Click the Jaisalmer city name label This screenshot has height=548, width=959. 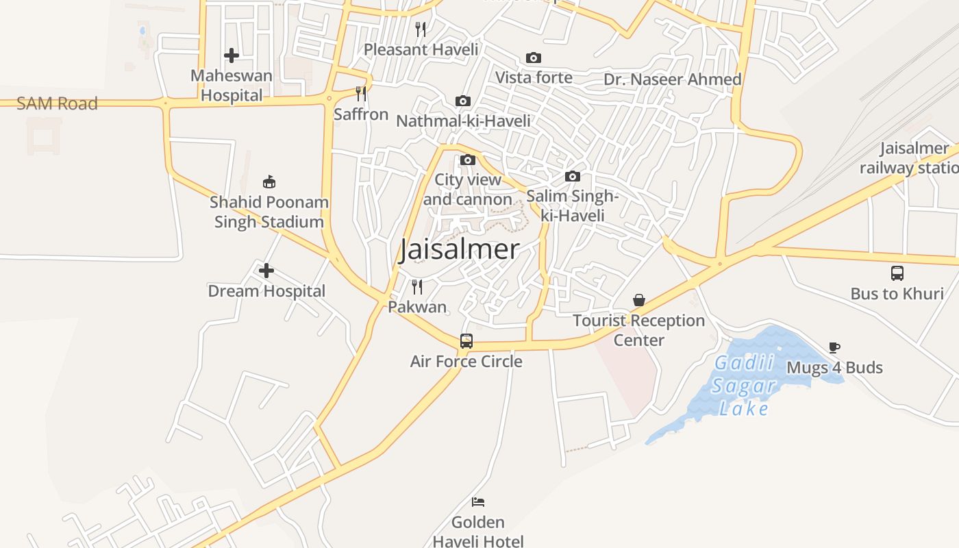459,249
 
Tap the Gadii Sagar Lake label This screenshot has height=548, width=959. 744,386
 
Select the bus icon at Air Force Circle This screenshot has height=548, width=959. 466,340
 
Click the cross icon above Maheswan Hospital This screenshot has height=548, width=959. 232,55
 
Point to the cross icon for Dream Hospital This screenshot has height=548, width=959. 266,271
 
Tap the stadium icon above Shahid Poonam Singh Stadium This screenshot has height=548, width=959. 269,182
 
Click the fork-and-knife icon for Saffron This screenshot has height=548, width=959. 361,93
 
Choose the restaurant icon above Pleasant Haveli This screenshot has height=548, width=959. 421,29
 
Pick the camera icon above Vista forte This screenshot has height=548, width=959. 534,58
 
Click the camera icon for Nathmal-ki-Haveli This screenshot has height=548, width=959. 463,101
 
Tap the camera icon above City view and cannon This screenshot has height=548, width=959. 468,160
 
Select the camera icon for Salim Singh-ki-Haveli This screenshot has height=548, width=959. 573,177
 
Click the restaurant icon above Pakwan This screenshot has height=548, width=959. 417,286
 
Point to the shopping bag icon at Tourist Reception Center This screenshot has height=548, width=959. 639,300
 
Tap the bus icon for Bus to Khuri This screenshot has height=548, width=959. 897,273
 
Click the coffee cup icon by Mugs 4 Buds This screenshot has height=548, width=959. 834,347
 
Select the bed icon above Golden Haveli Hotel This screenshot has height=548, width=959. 478,502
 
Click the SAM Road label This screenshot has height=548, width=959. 57,103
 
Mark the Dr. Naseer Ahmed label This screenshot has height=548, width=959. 673,79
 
